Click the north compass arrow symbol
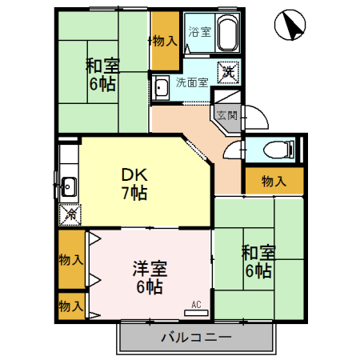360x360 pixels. click(290, 26)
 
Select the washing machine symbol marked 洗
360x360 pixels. click(227, 70)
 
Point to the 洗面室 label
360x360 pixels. click(192, 82)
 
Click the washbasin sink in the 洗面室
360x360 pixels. click(160, 87)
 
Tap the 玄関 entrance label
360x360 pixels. click(227, 115)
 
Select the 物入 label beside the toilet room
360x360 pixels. click(274, 181)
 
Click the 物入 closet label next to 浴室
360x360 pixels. click(165, 40)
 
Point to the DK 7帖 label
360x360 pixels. click(134, 183)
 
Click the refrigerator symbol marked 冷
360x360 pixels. click(70, 214)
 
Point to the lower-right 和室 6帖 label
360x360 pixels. click(258, 262)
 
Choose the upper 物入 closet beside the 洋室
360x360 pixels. click(70, 259)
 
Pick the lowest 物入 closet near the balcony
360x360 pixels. click(70, 306)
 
